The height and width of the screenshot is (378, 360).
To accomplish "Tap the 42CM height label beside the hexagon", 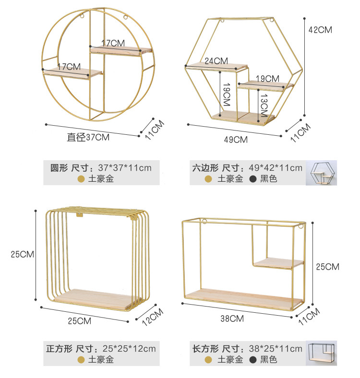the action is coord(320,29).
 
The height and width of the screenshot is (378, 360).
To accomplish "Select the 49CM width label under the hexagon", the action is coord(235,140).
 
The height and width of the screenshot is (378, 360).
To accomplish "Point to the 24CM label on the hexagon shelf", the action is coord(216,61).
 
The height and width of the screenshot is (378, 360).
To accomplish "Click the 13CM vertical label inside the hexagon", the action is coord(264,106).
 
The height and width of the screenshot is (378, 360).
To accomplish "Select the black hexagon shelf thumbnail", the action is coord(322,173).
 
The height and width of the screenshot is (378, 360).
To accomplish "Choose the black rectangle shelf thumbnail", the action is coord(322,354).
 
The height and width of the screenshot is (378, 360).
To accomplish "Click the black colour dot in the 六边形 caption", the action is coord(252,179).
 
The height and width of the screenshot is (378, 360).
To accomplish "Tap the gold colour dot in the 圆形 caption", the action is coord(81,179).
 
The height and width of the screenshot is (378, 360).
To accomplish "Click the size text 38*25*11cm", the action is coord(275,349).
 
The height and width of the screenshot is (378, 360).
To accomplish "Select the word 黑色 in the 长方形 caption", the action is coord(269,359).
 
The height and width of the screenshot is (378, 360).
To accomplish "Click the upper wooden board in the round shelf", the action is coord(121,50).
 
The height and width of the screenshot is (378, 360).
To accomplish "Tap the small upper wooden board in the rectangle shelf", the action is coord(278,263).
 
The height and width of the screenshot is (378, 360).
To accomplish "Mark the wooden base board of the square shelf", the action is coord(94,297).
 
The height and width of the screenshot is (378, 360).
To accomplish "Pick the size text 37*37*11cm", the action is coord(124,168).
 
